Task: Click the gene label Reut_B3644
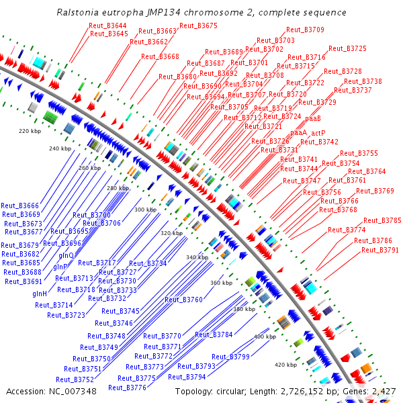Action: pyautogui.click(x=107, y=26)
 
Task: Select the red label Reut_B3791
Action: pyautogui.click(x=380, y=250)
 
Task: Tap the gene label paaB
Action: pyautogui.click(x=313, y=118)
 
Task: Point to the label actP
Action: pyautogui.click(x=318, y=133)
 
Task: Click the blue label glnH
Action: pyautogui.click(x=40, y=294)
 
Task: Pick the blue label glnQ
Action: pyautogui.click(x=66, y=255)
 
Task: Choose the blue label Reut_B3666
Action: pyautogui.click(x=20, y=206)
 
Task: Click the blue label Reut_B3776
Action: pyautogui.click(x=127, y=387)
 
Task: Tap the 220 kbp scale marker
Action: pyautogui.click(x=30, y=131)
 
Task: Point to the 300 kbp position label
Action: pyautogui.click(x=145, y=210)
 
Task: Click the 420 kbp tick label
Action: pyautogui.click(x=285, y=365)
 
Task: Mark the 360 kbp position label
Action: pyautogui.click(x=221, y=283)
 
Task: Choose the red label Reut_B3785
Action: pyautogui.click(x=382, y=220)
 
